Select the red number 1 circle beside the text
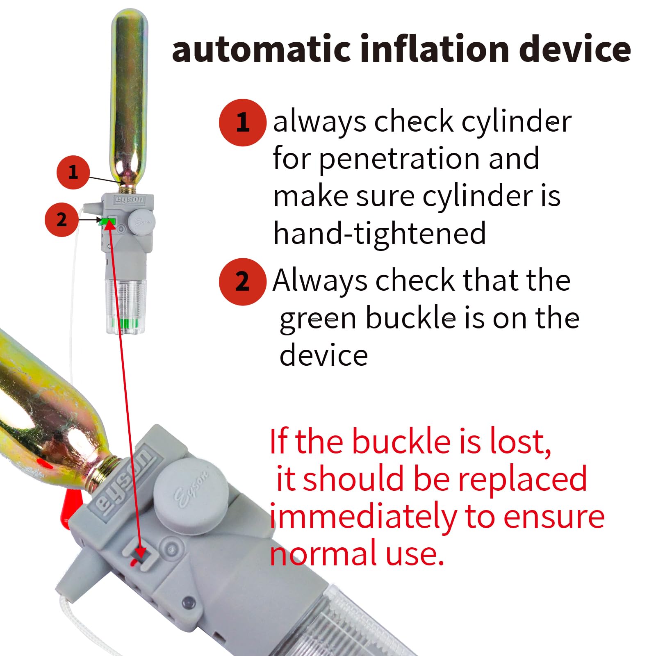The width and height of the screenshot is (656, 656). coord(242,123)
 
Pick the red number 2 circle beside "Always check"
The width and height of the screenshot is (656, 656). coord(242,282)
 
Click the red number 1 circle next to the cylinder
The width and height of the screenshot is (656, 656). coord(73,172)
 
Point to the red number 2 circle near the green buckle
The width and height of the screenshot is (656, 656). coord(61,220)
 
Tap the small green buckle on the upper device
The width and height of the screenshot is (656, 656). coord(107,222)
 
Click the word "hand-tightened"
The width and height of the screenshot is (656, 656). coord(380,233)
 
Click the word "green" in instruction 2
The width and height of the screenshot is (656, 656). coord(318,319)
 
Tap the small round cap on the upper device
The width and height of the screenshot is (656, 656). coord(141,222)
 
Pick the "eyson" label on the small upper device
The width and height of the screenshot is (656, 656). coord(130,200)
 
